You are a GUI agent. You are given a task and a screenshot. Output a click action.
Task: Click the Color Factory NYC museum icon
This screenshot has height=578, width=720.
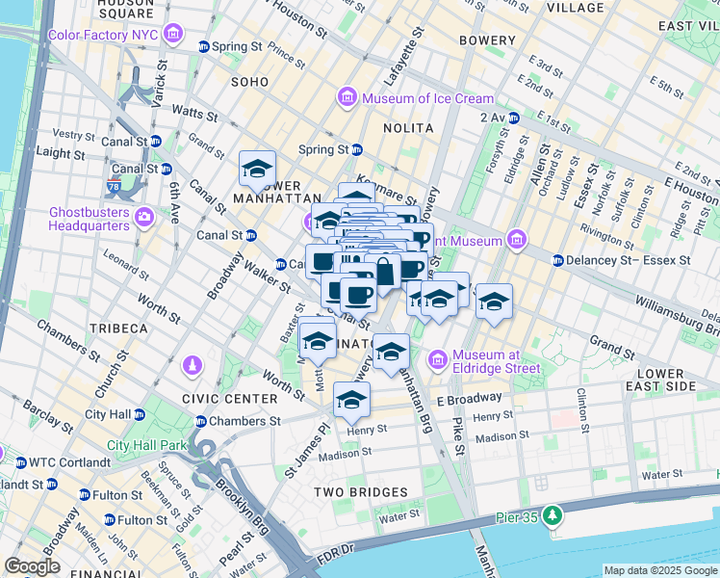point(172,37)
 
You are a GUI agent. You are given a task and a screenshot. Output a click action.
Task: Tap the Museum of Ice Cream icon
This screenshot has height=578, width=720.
point(347,98)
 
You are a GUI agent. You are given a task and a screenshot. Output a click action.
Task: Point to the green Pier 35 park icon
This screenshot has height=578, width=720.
point(552,515)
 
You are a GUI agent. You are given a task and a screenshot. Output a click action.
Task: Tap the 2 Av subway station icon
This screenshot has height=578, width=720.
point(514,118)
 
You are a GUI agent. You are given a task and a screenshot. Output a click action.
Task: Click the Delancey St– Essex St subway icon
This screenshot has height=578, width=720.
point(558,260)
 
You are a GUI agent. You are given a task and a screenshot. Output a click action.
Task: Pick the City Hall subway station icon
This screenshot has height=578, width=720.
point(140,415)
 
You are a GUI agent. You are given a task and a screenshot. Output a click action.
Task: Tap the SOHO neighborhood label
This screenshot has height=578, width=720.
point(249,83)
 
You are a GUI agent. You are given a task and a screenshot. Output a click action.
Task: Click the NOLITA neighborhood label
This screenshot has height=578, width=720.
point(407,128)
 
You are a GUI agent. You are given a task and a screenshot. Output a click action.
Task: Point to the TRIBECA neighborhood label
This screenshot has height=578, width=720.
point(118,328)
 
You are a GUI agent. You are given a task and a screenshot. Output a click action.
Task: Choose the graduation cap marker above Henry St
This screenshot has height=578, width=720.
point(352,400)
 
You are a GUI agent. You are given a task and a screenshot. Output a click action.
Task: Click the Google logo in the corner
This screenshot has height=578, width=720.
point(33,566)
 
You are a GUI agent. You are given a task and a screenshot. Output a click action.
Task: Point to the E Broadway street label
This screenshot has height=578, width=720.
point(469,397)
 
